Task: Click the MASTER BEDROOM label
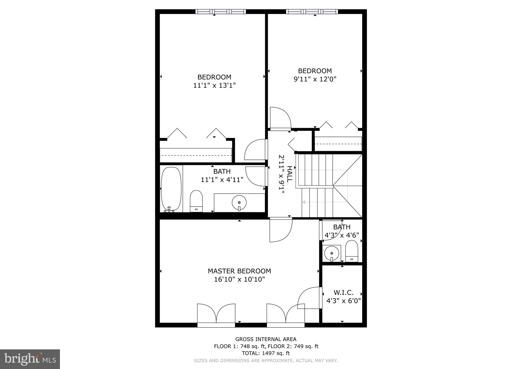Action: (239, 271)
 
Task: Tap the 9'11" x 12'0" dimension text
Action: (315, 79)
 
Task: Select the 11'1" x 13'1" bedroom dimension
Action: (214, 85)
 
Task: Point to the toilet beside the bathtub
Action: (196, 201)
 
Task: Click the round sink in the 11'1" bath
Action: (239, 203)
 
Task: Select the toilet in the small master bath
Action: (352, 251)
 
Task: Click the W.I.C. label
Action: (343, 293)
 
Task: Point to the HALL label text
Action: (289, 174)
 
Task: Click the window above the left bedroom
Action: (221, 11)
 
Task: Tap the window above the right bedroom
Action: (312, 11)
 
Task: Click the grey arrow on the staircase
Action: (304, 202)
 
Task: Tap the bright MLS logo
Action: (30, 359)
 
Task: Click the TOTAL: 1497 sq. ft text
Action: (266, 353)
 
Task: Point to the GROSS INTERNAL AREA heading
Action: (266, 339)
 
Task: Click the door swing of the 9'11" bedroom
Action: (280, 118)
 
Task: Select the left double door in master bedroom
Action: (216, 314)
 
